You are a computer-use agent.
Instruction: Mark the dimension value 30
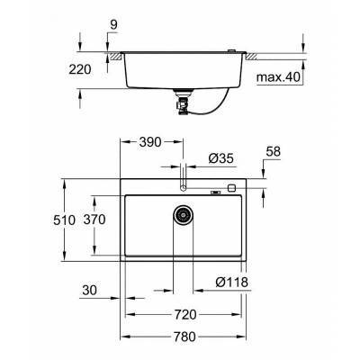[87, 291]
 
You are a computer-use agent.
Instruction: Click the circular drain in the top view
[184, 216]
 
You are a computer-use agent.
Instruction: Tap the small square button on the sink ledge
[232, 189]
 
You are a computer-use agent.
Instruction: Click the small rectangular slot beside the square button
[217, 190]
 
